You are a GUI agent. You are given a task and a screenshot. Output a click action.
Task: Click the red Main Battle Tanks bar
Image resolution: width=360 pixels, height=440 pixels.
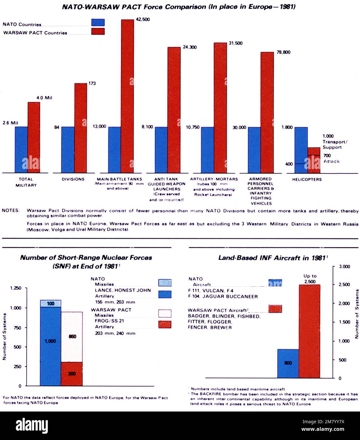tap(127, 95)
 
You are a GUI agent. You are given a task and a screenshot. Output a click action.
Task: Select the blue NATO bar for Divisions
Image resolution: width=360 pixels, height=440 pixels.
tap(68, 149)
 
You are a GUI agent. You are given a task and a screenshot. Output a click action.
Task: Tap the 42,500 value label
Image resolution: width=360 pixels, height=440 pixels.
tap(143, 19)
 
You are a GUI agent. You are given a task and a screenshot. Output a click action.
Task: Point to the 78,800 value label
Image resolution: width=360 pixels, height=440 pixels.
tap(283, 52)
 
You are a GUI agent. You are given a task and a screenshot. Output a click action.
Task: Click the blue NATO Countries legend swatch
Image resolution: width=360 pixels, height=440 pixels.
tap(98, 22)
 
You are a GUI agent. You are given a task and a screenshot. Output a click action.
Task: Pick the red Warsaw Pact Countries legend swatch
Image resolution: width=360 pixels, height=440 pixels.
tap(98, 31)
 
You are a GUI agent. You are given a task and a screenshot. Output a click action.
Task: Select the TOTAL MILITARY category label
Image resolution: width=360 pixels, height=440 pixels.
tap(26, 182)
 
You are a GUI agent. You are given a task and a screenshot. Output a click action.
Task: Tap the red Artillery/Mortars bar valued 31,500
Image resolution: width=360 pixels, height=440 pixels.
tap(220, 108)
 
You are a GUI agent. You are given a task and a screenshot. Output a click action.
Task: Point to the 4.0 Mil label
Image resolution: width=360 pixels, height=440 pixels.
tap(44, 98)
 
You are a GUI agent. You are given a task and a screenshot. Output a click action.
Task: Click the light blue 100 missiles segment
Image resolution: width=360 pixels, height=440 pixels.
tap(51, 303)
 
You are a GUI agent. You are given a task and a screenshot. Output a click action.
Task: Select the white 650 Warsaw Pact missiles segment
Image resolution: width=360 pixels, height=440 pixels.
tap(72, 336)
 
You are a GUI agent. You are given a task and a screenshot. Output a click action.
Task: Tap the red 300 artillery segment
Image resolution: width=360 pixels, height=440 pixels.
tap(72, 374)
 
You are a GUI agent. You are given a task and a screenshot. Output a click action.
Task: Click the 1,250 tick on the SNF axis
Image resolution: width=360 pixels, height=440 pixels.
tap(16, 288)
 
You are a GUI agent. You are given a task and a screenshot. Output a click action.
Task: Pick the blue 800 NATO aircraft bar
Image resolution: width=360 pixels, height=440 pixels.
tap(288, 363)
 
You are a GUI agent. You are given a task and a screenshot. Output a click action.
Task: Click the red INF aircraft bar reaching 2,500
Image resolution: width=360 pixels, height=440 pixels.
tap(309, 331)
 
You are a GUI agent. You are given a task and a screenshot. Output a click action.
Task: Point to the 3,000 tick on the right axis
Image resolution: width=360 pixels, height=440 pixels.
tap(344, 267)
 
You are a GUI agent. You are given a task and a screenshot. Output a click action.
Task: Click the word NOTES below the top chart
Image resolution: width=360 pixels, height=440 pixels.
tap(10, 211)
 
